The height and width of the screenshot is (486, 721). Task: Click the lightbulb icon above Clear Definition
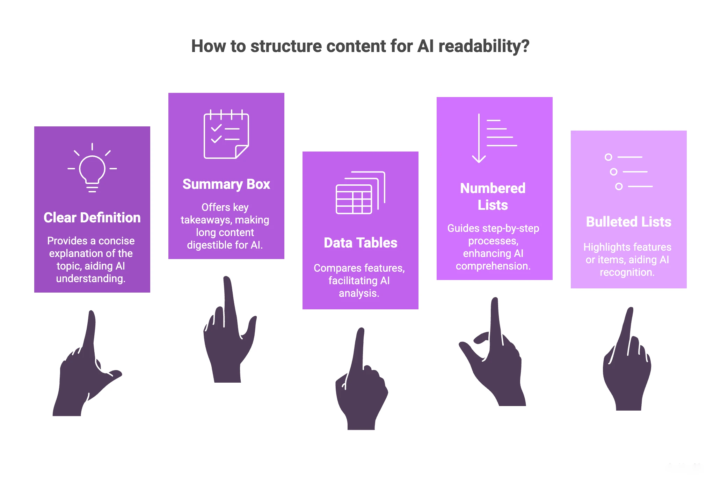92,169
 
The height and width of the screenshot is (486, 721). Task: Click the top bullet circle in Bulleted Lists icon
608,157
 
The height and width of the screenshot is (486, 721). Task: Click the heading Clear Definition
92,218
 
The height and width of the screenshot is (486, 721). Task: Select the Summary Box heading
226,184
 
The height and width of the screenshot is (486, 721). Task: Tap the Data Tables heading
360,243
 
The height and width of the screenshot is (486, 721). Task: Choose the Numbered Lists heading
493,197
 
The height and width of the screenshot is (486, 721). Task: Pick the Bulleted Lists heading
628,222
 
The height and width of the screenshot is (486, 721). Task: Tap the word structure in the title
286,46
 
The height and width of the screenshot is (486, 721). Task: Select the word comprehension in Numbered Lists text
493,266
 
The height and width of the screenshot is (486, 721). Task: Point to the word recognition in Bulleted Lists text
627,272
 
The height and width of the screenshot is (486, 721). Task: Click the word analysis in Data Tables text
359,293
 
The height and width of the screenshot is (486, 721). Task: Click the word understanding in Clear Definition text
90,279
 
